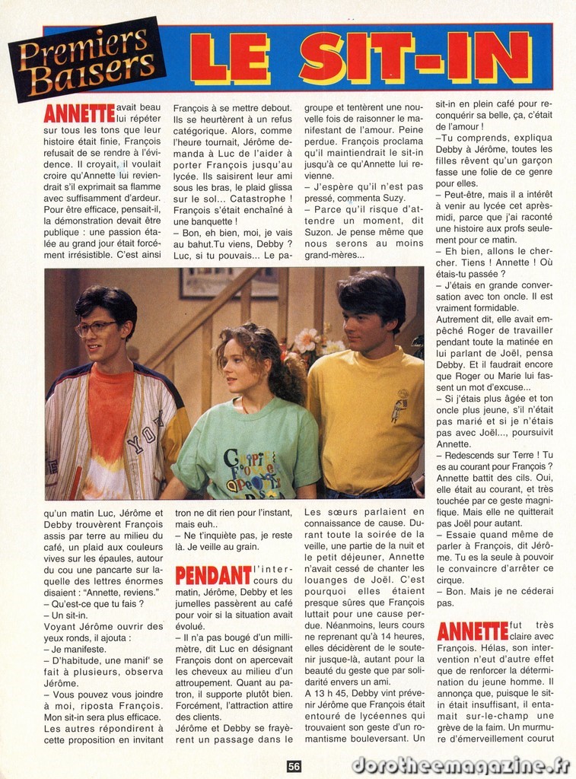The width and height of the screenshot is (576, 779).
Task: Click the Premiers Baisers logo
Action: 86,59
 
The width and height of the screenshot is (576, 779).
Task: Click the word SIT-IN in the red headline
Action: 415,58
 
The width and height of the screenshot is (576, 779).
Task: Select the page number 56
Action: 294,766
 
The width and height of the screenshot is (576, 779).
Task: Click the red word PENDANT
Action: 213,575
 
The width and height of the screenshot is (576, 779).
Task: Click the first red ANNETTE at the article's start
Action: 79,113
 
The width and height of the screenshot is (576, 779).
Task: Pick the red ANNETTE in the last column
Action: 473,631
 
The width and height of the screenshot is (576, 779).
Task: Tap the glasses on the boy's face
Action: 97,328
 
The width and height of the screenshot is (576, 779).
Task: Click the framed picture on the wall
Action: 228,283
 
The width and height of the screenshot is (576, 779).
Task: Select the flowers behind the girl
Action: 311,342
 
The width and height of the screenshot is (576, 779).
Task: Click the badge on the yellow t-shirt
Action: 399,405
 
